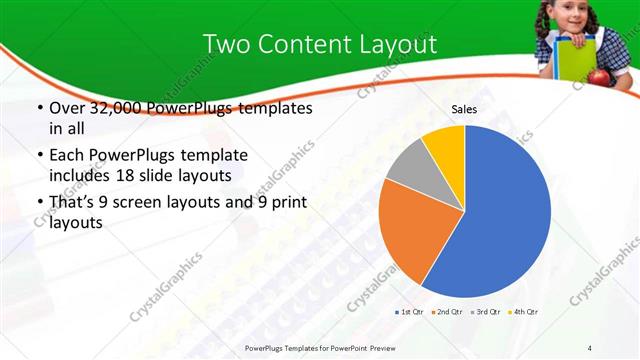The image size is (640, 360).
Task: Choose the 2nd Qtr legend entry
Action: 446,313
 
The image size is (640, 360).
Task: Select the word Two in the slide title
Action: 225,44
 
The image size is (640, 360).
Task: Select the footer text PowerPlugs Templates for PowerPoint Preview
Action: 319,347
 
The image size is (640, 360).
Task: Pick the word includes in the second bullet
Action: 77,177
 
